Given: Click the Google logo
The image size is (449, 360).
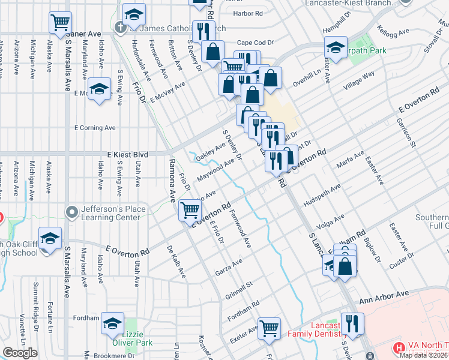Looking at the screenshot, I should pyautogui.click(x=20, y=353).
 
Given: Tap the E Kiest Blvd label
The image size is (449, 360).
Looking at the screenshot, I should pyautogui.click(x=127, y=154).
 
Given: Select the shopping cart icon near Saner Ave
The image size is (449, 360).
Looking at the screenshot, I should pyautogui.click(x=60, y=23).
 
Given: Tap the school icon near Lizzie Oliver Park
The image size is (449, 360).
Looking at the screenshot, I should pyautogui.click(x=112, y=323).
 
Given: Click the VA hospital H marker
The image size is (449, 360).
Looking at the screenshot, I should pyautogui.click(x=399, y=347).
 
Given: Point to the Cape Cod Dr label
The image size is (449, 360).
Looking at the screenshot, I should pyautogui.click(x=255, y=43).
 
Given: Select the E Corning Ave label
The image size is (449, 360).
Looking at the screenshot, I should pyautogui.click(x=95, y=128).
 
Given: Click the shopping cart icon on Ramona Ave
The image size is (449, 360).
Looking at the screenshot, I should pyautogui.click(x=190, y=209).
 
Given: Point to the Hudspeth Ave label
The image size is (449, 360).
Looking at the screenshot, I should pyautogui.click(x=322, y=194).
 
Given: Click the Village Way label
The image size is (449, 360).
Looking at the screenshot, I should pyautogui.click(x=359, y=81).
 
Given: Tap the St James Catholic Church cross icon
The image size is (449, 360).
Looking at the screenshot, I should pyautogui.click(x=121, y=27).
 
